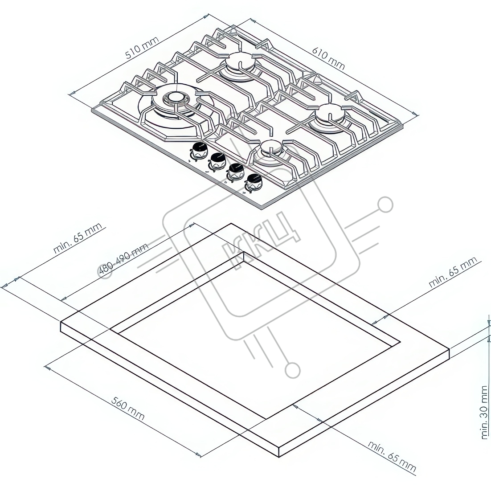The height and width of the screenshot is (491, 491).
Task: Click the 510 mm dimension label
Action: (x=142, y=48)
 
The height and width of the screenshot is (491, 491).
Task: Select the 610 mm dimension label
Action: (x=328, y=59)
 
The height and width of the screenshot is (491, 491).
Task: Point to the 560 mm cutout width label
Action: (x=128, y=409)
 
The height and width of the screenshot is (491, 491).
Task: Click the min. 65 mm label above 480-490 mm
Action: (x=78, y=238)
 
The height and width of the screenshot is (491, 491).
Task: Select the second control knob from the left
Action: (x=217, y=161)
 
